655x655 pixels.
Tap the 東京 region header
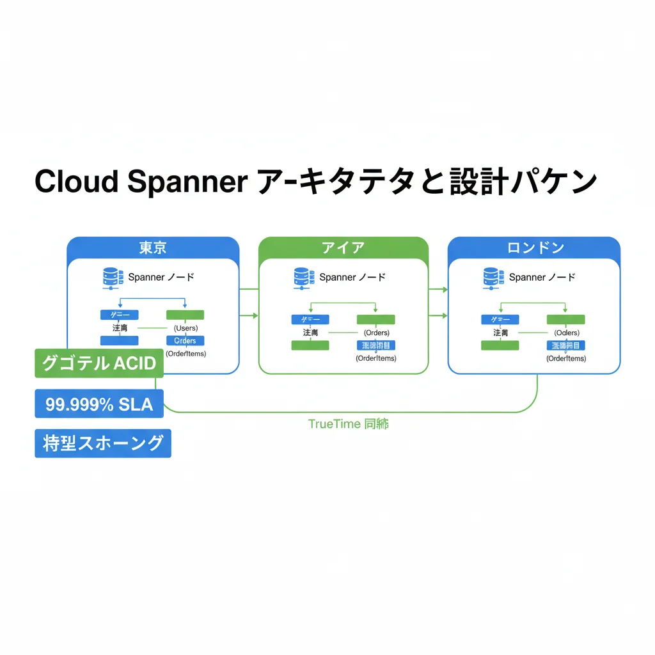(x=153, y=248)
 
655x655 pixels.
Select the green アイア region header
(x=343, y=248)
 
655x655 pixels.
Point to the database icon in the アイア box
(x=302, y=277)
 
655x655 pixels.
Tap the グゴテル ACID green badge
(x=99, y=363)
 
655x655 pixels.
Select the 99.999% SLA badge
(x=99, y=404)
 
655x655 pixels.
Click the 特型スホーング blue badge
(x=102, y=443)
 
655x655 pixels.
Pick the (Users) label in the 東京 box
(x=185, y=328)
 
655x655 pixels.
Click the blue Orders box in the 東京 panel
(x=185, y=341)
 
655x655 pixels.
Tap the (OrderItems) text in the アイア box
(x=375, y=358)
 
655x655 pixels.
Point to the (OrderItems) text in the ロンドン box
(x=565, y=358)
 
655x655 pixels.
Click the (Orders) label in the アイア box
(x=376, y=333)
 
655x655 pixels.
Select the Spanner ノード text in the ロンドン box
(x=542, y=278)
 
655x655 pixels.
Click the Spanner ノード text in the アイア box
(x=352, y=278)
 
